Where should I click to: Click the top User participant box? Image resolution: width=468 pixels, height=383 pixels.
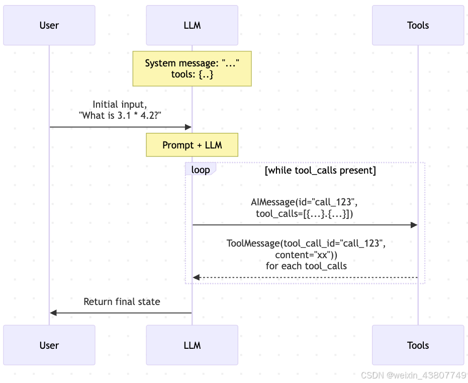(49, 25)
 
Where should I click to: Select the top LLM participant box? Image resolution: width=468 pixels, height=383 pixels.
(192, 25)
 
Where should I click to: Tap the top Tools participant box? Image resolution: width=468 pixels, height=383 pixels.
(418, 25)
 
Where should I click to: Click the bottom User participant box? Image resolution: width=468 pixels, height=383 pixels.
(49, 345)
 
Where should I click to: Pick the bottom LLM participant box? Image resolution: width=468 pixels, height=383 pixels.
(192, 345)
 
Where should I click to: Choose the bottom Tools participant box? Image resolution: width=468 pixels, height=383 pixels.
(418, 345)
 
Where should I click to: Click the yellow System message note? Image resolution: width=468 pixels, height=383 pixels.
(192, 69)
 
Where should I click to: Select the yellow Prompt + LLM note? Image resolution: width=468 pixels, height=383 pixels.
(192, 145)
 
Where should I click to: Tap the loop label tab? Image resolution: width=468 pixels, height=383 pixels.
(200, 170)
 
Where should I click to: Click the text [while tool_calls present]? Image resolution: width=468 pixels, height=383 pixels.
(320, 171)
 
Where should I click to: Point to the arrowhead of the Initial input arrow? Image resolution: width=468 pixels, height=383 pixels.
(189, 127)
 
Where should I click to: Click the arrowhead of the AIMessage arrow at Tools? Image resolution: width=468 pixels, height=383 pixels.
(414, 224)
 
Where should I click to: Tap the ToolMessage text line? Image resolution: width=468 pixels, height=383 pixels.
(306, 244)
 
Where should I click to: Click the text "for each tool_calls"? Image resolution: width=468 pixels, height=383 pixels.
(306, 266)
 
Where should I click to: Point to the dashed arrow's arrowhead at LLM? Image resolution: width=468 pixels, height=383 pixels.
(196, 277)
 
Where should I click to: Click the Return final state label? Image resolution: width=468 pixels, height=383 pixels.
(122, 302)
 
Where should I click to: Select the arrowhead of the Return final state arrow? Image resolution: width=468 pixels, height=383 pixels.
(53, 313)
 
